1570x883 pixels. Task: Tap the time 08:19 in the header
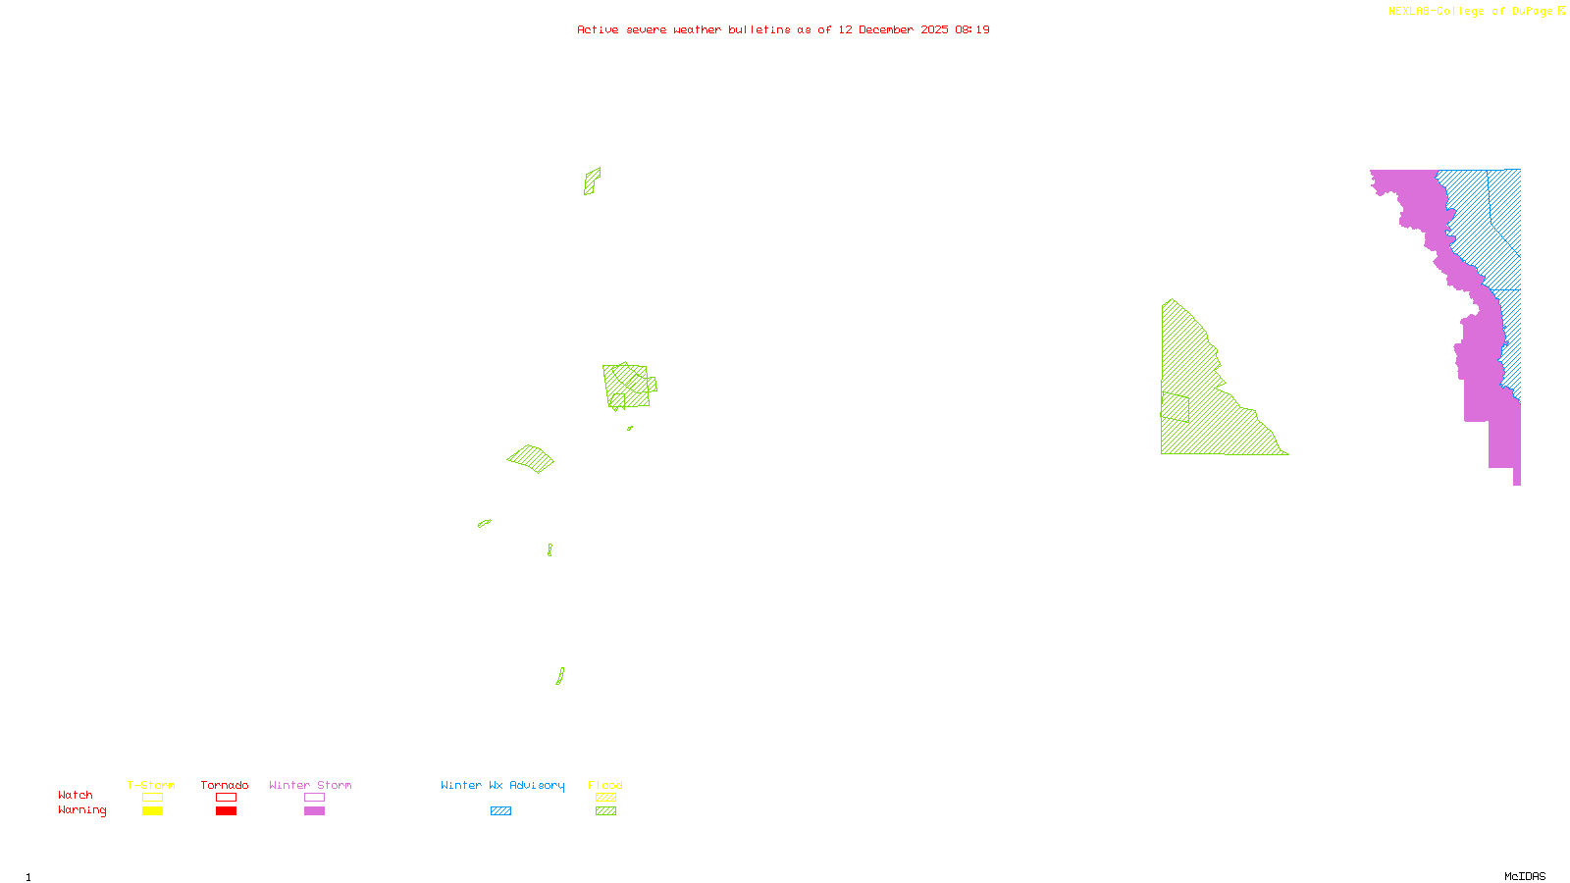tap(971, 29)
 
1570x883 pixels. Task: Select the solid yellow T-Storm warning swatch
tap(152, 811)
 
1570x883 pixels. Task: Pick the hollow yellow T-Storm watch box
tap(152, 798)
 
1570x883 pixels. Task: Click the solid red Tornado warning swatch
tap(226, 811)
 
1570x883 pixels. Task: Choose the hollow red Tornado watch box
tap(226, 798)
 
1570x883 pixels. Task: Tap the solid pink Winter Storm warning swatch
tap(314, 811)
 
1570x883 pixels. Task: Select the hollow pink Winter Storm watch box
tap(314, 798)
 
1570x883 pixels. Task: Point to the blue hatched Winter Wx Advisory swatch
tap(500, 811)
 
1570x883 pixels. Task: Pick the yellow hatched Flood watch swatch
tap(606, 798)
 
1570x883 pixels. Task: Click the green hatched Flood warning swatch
tap(606, 811)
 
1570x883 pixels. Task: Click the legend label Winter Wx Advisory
tap(502, 785)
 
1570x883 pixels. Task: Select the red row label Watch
tap(76, 795)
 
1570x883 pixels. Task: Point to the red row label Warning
tap(81, 810)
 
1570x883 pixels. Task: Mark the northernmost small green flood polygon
tap(592, 181)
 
